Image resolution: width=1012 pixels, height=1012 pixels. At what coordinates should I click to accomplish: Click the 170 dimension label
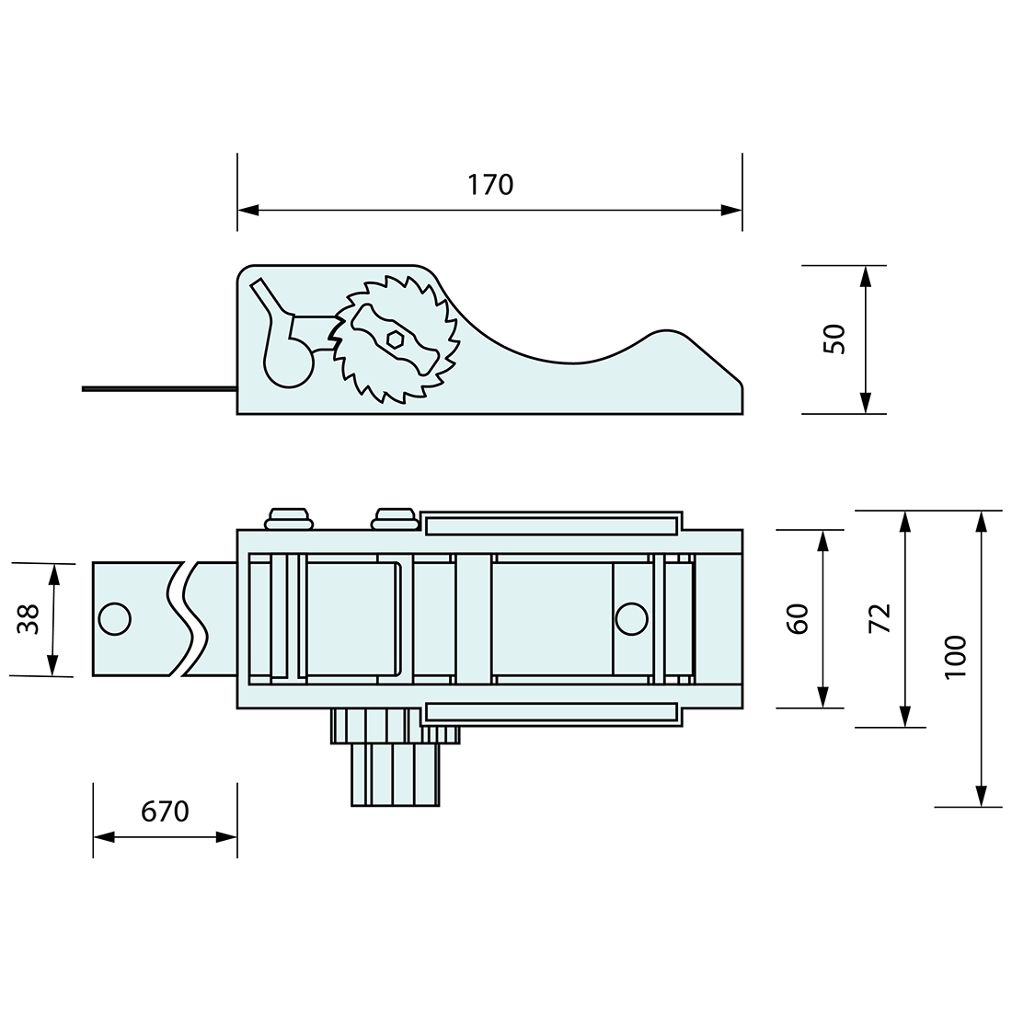coord(489,185)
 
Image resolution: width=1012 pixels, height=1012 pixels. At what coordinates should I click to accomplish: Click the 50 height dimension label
coord(834,339)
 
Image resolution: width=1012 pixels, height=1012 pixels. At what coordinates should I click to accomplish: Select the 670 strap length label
coord(165,811)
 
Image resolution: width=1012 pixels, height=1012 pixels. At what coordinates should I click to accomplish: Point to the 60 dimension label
coord(798,618)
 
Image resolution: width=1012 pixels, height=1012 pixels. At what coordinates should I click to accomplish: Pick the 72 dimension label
coord(880,618)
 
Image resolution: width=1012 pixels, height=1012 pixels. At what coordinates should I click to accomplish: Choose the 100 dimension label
coord(956,657)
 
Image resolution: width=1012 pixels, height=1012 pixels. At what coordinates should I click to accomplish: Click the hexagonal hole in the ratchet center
coord(396,339)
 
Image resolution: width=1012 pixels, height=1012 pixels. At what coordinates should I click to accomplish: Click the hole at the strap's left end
coord(114,619)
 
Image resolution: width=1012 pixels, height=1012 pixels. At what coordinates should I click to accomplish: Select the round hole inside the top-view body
coord(631,619)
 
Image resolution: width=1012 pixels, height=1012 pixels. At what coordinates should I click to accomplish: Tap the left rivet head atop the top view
coord(290,518)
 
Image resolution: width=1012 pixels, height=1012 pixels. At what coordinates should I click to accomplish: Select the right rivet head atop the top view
coord(396,518)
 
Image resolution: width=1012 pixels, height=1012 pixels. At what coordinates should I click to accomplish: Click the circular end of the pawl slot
coord(289,362)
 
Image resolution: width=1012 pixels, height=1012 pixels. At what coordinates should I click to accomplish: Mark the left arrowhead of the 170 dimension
coord(247,211)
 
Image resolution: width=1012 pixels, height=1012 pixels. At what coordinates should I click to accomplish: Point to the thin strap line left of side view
coord(156,389)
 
